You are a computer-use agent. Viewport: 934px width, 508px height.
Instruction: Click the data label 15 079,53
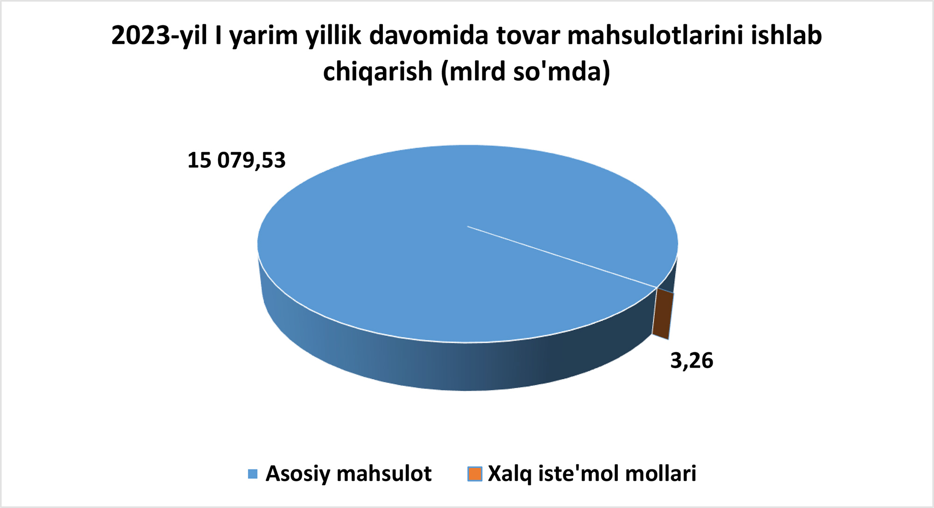tap(236, 160)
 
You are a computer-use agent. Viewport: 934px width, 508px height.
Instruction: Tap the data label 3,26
tap(692, 361)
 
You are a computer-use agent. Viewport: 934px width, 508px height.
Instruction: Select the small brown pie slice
tap(663, 313)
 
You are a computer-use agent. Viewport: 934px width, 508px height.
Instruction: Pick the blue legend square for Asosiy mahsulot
tap(253, 474)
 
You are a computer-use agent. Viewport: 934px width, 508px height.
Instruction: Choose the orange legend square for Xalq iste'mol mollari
tap(475, 474)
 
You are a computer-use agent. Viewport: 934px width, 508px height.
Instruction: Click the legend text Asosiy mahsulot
tap(348, 474)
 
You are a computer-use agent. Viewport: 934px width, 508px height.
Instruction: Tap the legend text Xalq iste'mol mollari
tap(592, 474)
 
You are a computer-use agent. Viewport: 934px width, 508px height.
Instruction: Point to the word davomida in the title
tap(429, 35)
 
